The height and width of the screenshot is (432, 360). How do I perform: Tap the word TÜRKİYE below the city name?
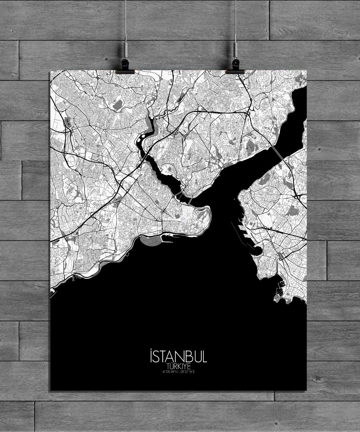[178, 366]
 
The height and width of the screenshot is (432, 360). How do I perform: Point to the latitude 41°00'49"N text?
[170, 372]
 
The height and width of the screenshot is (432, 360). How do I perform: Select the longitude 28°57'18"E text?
[186, 372]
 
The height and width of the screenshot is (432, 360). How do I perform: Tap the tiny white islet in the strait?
[238, 198]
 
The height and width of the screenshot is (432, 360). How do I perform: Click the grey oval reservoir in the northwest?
[117, 104]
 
